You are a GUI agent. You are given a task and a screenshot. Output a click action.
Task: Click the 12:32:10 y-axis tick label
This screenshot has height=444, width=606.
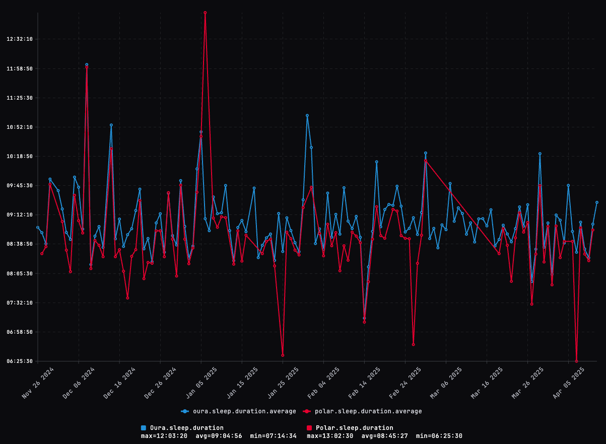coord(19,39)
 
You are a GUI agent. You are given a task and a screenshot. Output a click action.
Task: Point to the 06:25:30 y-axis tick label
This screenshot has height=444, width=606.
coord(19,361)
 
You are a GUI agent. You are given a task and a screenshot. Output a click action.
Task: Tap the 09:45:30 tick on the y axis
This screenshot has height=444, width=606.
coord(19,186)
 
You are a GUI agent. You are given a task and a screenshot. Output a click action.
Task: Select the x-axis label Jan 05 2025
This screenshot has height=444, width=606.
coord(201,383)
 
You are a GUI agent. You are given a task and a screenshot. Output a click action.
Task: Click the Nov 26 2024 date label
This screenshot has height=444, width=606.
coord(38,383)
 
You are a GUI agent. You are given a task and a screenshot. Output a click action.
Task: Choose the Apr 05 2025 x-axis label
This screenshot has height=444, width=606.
coord(569,383)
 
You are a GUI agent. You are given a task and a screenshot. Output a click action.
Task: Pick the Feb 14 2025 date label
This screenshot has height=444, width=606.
coord(365,383)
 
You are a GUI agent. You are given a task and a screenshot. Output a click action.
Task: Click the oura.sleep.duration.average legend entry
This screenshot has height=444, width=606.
coord(239,411)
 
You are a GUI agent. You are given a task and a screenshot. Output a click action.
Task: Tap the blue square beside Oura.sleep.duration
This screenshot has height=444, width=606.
coord(144,428)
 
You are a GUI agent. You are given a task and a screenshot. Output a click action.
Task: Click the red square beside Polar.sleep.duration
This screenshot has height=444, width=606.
coord(309,428)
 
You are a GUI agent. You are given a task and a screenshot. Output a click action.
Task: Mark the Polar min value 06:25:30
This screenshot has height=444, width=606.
coord(439,436)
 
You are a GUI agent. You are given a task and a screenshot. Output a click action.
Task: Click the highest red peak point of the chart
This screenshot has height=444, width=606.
coord(205,13)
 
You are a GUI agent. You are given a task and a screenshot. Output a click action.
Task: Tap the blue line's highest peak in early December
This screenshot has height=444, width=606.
coord(87,64)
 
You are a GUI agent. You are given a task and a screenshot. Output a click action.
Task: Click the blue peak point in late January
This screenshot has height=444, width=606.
coord(307,115)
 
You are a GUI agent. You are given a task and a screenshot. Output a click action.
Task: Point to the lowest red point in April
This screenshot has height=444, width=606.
coord(576,361)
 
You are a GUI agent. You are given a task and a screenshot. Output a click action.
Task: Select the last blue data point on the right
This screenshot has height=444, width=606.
coord(597,202)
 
